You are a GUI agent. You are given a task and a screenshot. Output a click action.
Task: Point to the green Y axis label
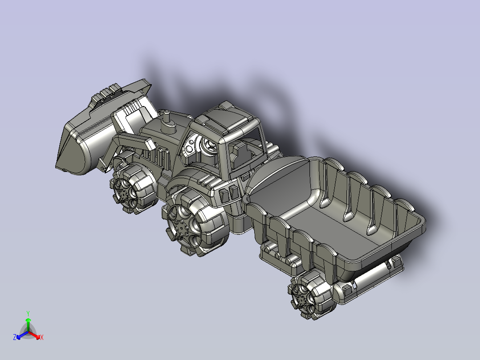click(x=28, y=313)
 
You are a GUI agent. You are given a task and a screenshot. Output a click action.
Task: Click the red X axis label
click(x=42, y=337)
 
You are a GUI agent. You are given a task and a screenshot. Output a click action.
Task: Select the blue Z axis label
click(x=15, y=337)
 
